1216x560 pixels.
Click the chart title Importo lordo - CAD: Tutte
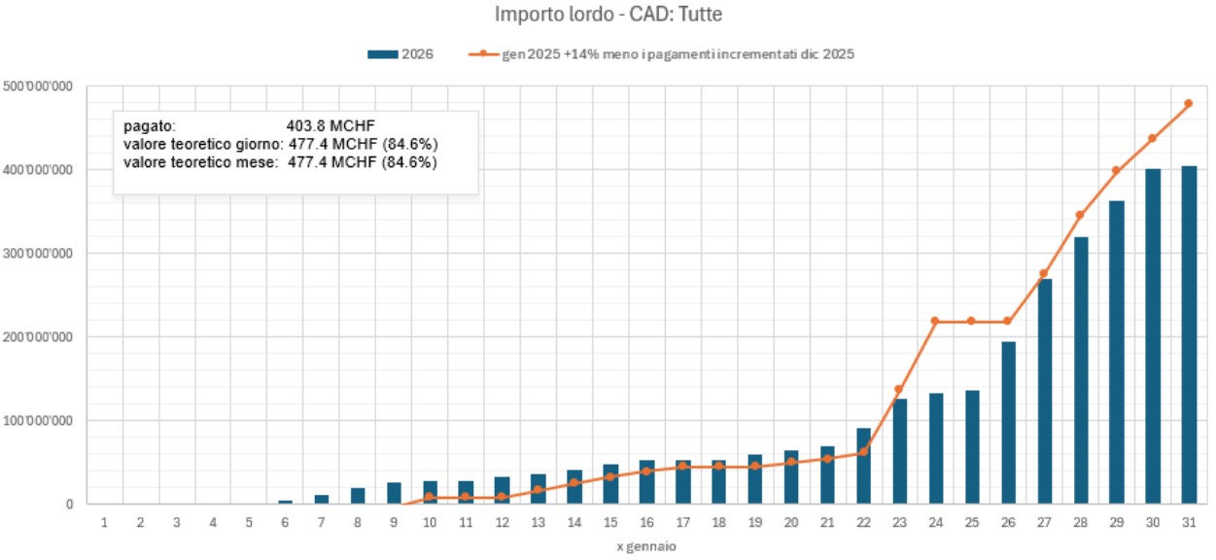click(x=608, y=15)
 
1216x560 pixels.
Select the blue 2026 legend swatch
click(x=383, y=54)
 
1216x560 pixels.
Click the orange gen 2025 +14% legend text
click(x=677, y=54)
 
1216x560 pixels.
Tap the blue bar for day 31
click(x=1188, y=335)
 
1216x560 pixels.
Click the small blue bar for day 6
click(x=285, y=502)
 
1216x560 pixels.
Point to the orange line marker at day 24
click(x=934, y=321)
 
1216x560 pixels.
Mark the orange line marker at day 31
click(x=1188, y=103)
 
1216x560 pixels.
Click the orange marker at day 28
click(x=1079, y=215)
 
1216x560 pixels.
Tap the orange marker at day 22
click(x=862, y=452)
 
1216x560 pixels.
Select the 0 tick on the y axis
click(x=70, y=505)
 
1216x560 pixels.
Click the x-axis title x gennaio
click(x=645, y=546)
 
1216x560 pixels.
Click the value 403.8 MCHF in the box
click(x=330, y=126)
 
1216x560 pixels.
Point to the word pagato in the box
click(x=149, y=126)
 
